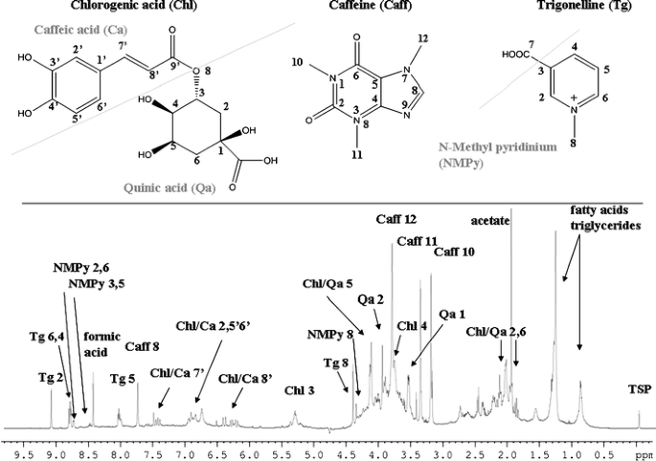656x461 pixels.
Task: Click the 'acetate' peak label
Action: [491, 217]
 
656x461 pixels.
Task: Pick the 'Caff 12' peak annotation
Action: [398, 220]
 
